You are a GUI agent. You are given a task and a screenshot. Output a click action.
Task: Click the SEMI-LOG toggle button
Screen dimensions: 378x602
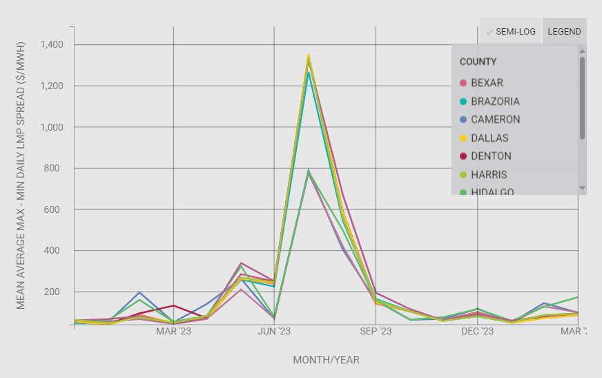(511, 32)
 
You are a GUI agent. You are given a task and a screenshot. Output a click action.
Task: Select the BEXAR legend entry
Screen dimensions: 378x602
(487, 83)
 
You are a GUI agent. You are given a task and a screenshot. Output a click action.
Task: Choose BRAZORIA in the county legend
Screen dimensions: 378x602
(495, 102)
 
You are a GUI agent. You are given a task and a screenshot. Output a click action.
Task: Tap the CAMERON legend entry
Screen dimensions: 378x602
(495, 120)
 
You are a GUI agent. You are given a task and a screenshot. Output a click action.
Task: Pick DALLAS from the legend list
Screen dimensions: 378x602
(489, 138)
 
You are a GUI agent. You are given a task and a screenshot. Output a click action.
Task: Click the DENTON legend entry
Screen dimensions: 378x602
(490, 156)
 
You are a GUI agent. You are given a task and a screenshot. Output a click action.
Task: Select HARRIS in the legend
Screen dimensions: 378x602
(489, 175)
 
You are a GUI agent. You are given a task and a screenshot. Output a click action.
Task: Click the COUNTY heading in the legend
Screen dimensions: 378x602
(478, 62)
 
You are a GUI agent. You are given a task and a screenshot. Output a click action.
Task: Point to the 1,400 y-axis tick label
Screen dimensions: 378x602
(51, 45)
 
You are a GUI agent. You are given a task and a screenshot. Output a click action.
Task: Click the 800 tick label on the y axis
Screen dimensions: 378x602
(55, 169)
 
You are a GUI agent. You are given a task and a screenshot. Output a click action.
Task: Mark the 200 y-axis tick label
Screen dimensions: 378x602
(55, 292)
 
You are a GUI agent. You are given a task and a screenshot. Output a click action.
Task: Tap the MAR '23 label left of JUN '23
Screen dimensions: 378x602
(173, 332)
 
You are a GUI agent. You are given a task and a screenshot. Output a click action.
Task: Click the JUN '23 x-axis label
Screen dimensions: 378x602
(274, 332)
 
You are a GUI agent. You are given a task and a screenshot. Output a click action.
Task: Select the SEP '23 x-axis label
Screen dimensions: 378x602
(376, 332)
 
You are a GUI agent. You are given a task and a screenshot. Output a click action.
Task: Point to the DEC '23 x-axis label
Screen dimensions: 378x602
(477, 332)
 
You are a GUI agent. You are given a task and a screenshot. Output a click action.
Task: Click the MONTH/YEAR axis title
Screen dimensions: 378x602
(326, 360)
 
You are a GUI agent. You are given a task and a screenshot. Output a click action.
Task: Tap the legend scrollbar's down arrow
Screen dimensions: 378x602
(582, 188)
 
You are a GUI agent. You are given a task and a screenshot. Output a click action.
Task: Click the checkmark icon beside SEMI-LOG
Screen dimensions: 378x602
(489, 32)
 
